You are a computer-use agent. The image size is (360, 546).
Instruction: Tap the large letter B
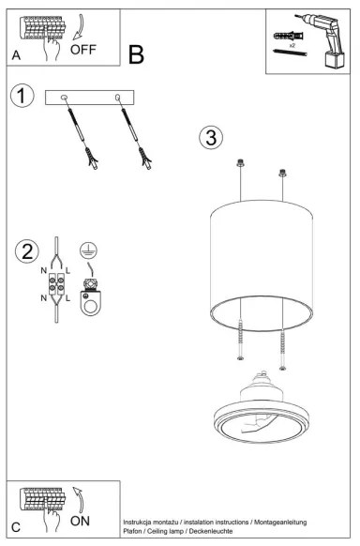click(136, 55)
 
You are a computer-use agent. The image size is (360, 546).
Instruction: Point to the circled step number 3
click(211, 138)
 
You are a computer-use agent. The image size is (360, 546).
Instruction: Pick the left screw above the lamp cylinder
click(241, 164)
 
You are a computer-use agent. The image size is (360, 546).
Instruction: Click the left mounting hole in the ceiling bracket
click(63, 97)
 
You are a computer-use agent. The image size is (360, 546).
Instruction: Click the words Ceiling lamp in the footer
click(175, 530)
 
